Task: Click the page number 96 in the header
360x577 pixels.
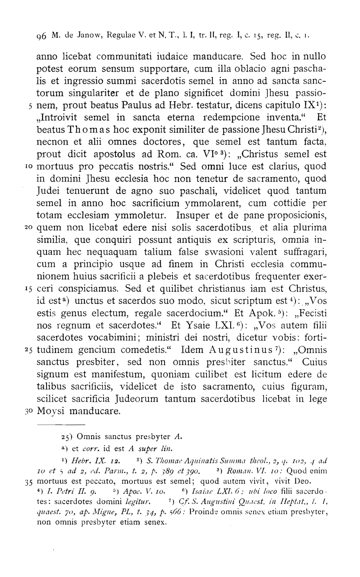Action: [41, 36]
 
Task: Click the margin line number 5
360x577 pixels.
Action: [31, 105]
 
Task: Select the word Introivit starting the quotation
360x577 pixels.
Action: [59, 117]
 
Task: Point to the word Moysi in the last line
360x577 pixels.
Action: [51, 412]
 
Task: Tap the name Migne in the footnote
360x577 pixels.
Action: [90, 512]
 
